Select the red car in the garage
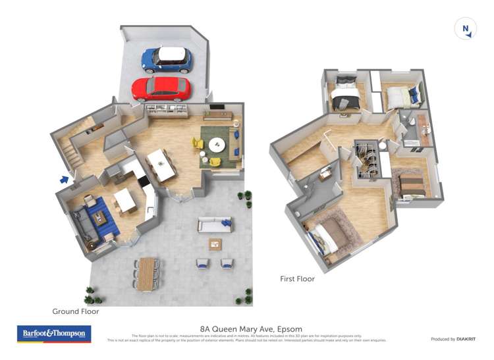[161, 89]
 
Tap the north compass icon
[466, 28]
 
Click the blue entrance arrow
[65, 178]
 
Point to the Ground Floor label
[76, 311]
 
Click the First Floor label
[297, 279]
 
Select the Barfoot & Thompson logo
[54, 334]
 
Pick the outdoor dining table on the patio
[146, 272]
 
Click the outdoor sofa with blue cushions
[215, 225]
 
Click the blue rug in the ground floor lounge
[100, 218]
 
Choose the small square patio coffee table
[215, 244]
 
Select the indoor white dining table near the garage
[161, 163]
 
